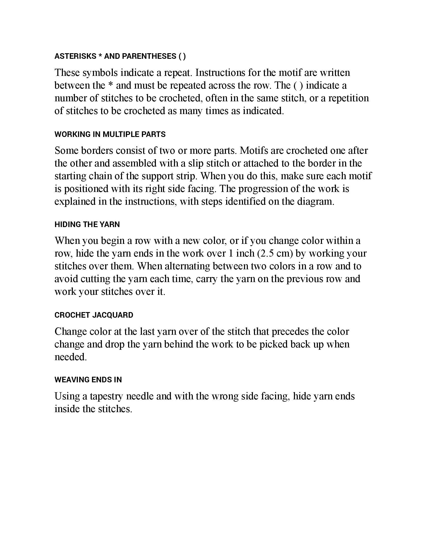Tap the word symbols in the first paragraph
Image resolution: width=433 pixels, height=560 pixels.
pos(100,73)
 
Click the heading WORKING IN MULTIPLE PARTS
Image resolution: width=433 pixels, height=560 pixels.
pos(110,134)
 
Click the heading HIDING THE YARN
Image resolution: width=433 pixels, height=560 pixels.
pos(87,225)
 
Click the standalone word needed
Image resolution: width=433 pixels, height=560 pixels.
pos(71,357)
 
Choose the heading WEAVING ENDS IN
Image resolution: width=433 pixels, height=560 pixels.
pos(88,380)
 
